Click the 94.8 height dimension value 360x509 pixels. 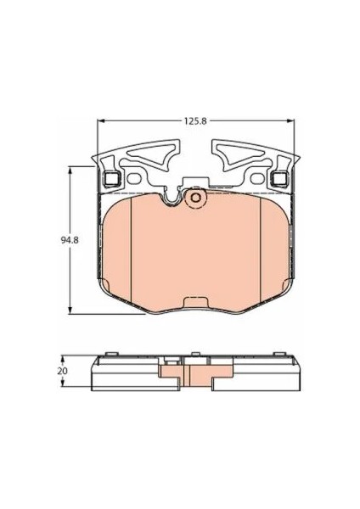coord(70,240)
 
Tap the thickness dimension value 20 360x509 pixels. coord(62,371)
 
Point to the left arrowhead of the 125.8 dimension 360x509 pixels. coord(101,120)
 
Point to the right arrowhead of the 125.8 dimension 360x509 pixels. coord(290,120)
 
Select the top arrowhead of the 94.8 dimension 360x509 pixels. coord(70,170)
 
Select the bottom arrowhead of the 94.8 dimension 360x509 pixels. coord(70,310)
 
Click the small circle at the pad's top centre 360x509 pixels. coord(195,198)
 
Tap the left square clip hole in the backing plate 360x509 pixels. coord(112,178)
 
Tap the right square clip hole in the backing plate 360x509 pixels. coord(279,178)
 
